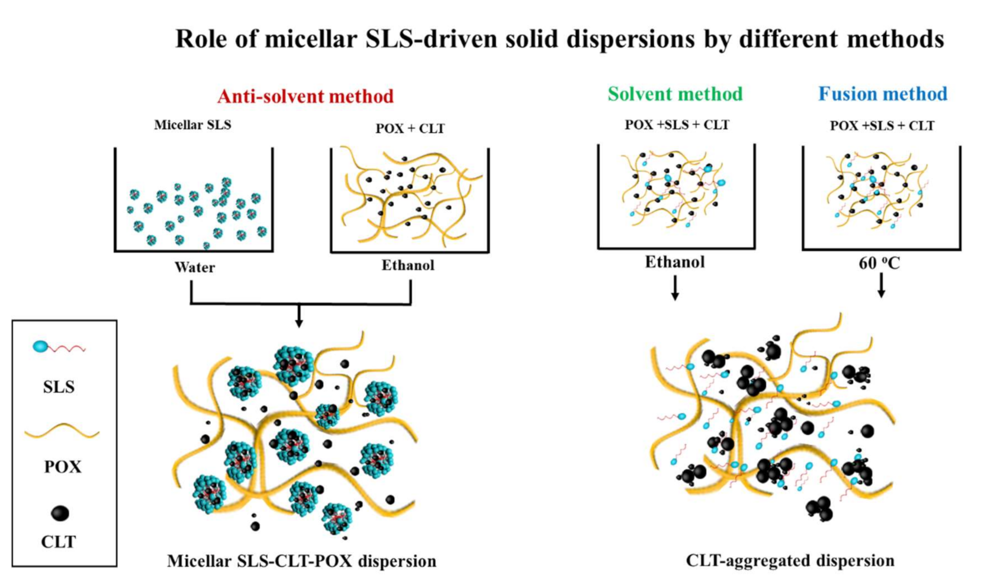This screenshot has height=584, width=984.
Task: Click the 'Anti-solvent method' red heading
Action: tap(305, 96)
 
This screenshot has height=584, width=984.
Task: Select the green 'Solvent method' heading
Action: tap(675, 94)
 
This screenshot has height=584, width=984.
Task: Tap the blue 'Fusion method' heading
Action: tap(883, 94)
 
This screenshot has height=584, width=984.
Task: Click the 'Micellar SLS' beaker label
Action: tap(192, 125)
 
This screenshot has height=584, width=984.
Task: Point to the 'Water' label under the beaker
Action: tap(194, 267)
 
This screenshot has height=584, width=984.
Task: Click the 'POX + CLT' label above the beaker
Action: tap(410, 129)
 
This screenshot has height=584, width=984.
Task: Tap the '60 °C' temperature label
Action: tap(879, 263)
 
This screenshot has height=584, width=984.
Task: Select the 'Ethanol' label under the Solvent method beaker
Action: tap(675, 262)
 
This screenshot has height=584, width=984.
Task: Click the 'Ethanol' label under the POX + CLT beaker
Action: tap(407, 265)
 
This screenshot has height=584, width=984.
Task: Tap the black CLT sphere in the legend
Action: tap(60, 513)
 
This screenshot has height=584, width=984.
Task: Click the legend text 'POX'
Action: tap(62, 467)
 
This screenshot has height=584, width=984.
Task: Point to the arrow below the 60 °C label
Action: tap(881, 286)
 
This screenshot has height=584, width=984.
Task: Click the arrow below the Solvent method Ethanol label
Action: tap(675, 288)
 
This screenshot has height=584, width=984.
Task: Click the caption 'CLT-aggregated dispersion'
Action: tap(790, 560)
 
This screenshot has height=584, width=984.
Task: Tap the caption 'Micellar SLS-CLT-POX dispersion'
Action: tap(301, 561)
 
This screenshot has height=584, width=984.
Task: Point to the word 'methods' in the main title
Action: tap(896, 39)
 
